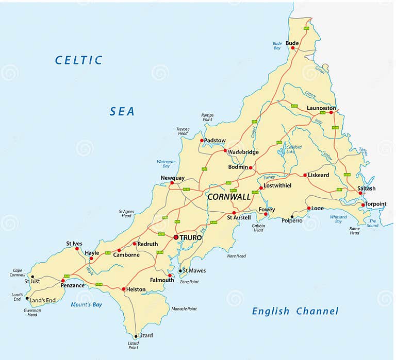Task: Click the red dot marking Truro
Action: pyautogui.click(x=176, y=237)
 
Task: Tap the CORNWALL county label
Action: pyautogui.click(x=229, y=197)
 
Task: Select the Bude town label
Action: pyautogui.click(x=292, y=43)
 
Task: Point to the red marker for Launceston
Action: pyautogui.click(x=331, y=112)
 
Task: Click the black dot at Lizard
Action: pyautogui.click(x=136, y=336)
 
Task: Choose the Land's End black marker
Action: pyautogui.click(x=27, y=298)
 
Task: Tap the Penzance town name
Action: pyautogui.click(x=72, y=285)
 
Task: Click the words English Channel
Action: pyautogui.click(x=295, y=311)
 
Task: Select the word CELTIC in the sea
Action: pyautogui.click(x=79, y=60)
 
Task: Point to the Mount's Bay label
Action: pyautogui.click(x=87, y=305)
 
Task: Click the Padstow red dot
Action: pyautogui.click(x=202, y=140)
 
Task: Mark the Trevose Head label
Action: pyautogui.click(x=183, y=131)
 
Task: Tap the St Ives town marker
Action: pyautogui.click(x=77, y=249)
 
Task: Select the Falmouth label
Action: pyautogui.click(x=162, y=280)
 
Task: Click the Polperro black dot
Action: pyautogui.click(x=292, y=217)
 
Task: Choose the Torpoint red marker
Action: pyautogui.click(x=363, y=205)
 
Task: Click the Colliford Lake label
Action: pyautogui.click(x=294, y=149)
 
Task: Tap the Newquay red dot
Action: pyautogui.click(x=172, y=183)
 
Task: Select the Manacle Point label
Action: pyautogui.click(x=184, y=309)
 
